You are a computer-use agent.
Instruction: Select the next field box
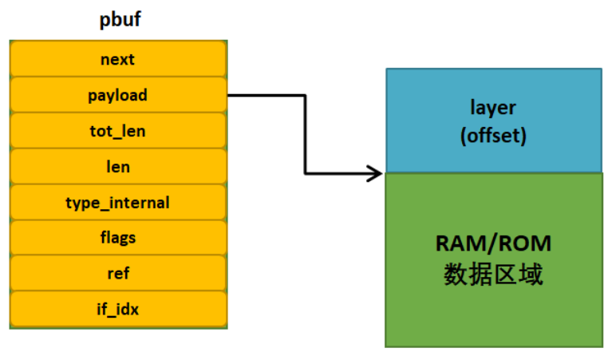tap(118, 59)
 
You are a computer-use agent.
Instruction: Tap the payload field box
tap(118, 95)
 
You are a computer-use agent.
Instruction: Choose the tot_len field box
tap(118, 131)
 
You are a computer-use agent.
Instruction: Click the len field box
tap(118, 167)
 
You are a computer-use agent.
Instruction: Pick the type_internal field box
tap(118, 203)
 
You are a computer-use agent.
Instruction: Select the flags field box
tap(118, 238)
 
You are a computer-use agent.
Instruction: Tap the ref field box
tap(118, 273)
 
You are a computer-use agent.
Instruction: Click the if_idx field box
tap(118, 309)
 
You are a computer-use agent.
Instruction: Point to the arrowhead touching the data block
tap(377, 172)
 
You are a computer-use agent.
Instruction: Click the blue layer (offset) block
tap(493, 120)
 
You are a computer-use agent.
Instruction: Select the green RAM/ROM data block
tap(493, 259)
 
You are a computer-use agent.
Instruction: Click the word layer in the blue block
tap(493, 108)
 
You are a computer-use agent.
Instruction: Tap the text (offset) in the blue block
tap(493, 135)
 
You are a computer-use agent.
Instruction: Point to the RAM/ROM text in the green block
tap(493, 244)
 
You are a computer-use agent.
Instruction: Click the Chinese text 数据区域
tap(493, 275)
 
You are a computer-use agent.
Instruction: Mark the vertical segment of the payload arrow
tap(305, 133)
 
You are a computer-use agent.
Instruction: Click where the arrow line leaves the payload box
tap(230, 95)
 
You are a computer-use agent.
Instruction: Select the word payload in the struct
tap(118, 95)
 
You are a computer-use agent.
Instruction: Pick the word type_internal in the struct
tap(118, 203)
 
